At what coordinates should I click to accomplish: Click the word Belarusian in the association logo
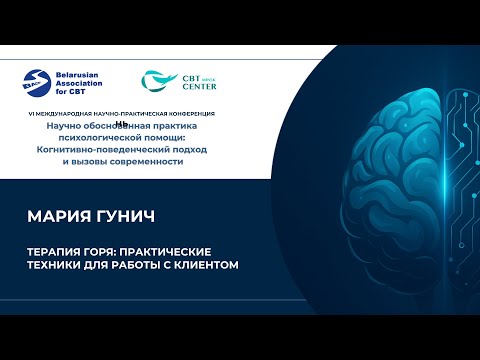point(79,76)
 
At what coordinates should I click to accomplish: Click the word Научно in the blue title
point(61,125)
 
